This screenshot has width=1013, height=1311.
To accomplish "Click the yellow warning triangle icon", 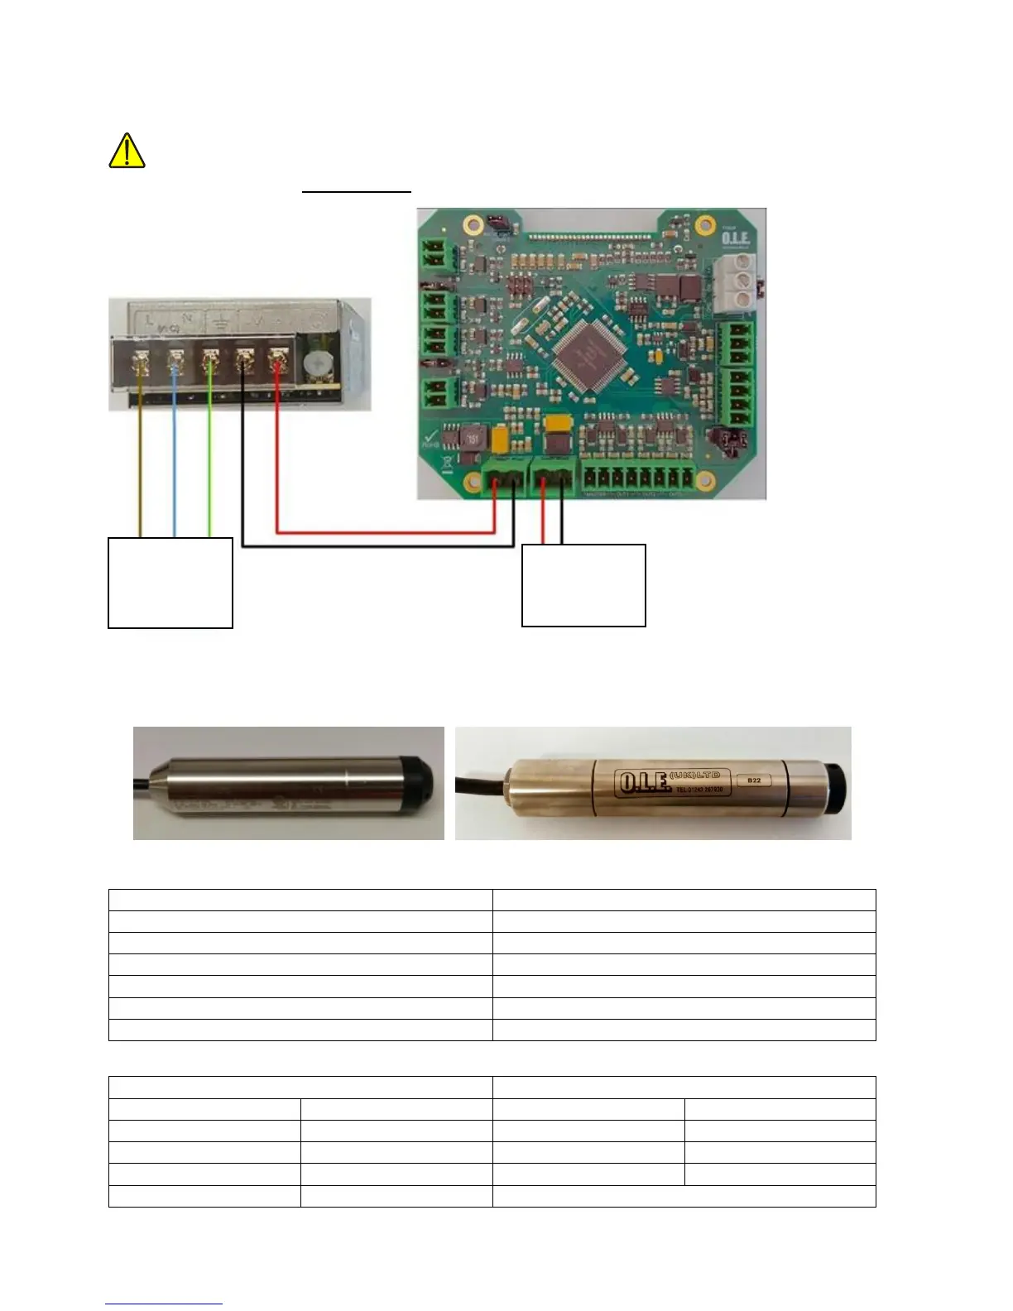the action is (x=127, y=151).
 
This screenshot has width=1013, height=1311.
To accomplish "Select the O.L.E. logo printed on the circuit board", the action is (x=735, y=238).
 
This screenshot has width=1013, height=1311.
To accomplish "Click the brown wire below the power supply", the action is (x=141, y=472).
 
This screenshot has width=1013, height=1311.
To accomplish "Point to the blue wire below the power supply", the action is (x=174, y=472).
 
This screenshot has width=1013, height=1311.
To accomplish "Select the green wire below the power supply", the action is (x=210, y=472).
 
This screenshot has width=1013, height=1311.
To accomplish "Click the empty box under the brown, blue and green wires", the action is (x=170, y=583).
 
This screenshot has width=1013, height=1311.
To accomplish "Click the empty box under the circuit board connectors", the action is (x=583, y=585).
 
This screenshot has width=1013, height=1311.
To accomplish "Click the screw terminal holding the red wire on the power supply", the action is (x=277, y=361).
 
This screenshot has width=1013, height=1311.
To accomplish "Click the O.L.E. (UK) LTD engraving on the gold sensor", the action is (x=672, y=782).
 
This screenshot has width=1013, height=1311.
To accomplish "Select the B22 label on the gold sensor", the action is (x=753, y=780).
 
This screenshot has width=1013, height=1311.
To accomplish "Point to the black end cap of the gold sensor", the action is (x=835, y=782).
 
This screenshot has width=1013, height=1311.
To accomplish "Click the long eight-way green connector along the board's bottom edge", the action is (x=639, y=478).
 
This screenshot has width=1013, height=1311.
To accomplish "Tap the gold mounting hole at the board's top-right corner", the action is (x=705, y=223).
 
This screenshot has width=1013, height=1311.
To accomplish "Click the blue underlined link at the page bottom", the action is (x=164, y=1304).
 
